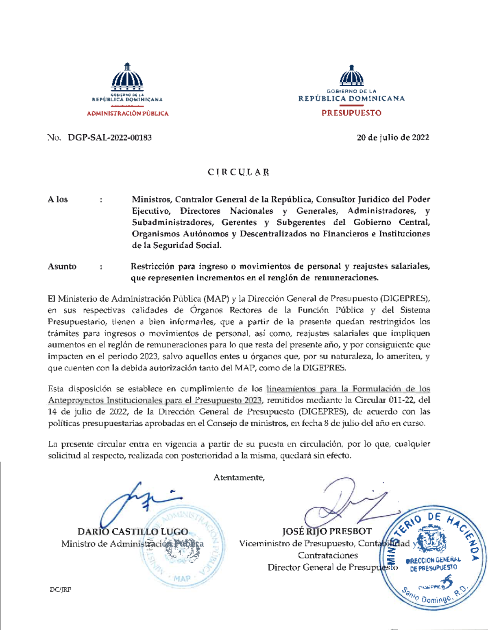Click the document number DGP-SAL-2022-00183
(x=110, y=138)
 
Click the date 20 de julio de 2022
(x=393, y=138)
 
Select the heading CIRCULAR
(x=238, y=172)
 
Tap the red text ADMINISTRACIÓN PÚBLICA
(x=127, y=114)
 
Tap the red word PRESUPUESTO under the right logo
(x=351, y=113)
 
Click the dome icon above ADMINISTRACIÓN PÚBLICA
(x=127, y=77)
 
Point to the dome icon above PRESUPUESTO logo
(x=351, y=76)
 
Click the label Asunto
(x=62, y=267)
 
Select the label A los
(x=58, y=199)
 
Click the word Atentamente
(x=239, y=477)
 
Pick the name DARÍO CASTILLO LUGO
(x=133, y=532)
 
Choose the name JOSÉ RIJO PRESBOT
(x=327, y=531)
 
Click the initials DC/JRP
(x=61, y=589)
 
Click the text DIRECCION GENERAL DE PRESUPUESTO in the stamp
(x=434, y=564)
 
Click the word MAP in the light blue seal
(x=182, y=578)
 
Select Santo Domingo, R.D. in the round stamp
(x=434, y=595)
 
